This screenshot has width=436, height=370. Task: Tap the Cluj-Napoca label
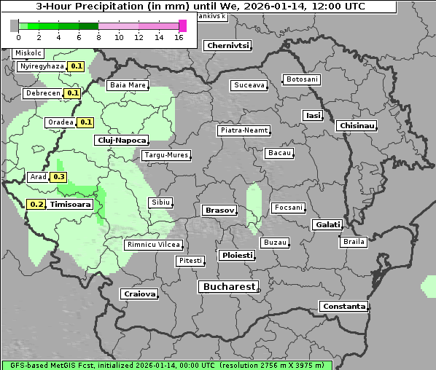(x=121, y=140)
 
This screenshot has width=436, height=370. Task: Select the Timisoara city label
(x=71, y=205)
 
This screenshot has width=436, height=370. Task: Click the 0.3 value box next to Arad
(x=59, y=177)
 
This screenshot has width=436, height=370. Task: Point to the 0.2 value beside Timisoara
(x=36, y=205)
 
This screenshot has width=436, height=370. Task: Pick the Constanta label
(x=343, y=307)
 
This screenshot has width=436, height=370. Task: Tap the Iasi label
(x=313, y=115)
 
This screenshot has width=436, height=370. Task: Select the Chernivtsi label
(x=228, y=45)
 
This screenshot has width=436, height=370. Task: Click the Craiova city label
(x=140, y=294)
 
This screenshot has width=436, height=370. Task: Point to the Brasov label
(x=219, y=210)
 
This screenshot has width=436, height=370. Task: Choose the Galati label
(x=327, y=224)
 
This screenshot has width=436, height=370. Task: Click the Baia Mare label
(x=128, y=85)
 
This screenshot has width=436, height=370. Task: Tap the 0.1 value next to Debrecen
(x=72, y=93)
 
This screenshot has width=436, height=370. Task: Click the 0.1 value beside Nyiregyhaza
(x=77, y=66)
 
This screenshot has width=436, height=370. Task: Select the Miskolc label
(x=28, y=53)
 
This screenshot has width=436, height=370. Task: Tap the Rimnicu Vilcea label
(x=153, y=245)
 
